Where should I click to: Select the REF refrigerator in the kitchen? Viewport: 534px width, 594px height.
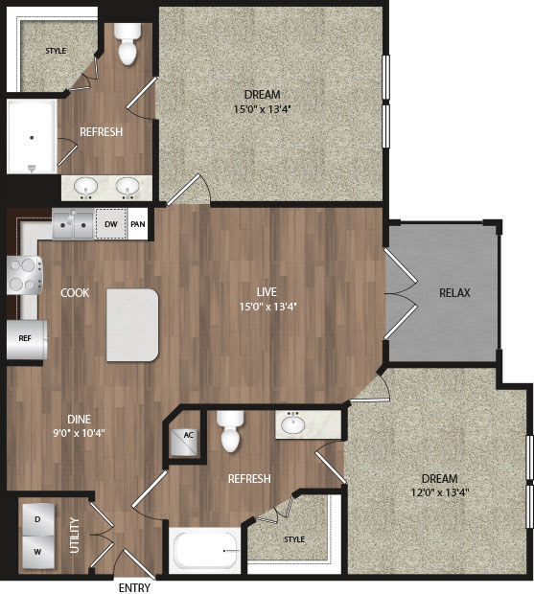pyautogui.click(x=26, y=338)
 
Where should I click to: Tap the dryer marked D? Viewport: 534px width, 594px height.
pyautogui.click(x=37, y=518)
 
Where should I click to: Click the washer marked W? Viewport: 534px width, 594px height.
pyautogui.click(x=37, y=552)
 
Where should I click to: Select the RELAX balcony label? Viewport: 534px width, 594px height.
pyautogui.click(x=453, y=292)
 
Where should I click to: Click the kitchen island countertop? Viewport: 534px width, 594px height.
pyautogui.click(x=132, y=326)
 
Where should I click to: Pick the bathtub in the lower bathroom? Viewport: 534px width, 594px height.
pyautogui.click(x=204, y=551)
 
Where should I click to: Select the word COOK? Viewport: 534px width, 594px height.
pyautogui.click(x=75, y=292)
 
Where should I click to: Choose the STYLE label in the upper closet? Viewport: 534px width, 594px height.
pyautogui.click(x=56, y=50)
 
